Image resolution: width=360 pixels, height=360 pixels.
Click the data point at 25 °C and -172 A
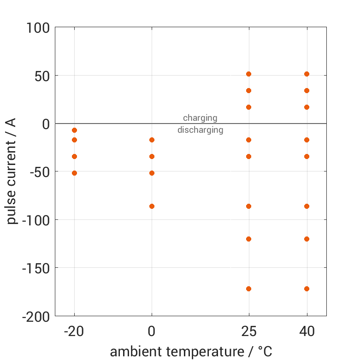coord(249,289)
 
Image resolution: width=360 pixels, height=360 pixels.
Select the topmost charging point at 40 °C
coord(307,74)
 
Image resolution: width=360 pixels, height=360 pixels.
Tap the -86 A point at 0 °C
coord(152,206)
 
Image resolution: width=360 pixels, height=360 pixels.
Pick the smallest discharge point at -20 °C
coord(74,130)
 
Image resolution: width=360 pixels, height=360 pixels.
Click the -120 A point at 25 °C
coord(249,239)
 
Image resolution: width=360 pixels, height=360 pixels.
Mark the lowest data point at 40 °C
coord(307,289)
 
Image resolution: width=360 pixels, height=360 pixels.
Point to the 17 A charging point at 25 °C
coord(249,107)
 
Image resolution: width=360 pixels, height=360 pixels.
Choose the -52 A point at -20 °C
coord(74,173)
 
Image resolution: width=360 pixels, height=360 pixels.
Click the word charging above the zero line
coord(200,118)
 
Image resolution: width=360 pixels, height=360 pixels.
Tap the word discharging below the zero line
coord(200,130)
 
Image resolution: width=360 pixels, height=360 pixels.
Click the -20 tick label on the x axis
coord(74,331)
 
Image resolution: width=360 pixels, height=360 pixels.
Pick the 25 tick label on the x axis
coord(249,331)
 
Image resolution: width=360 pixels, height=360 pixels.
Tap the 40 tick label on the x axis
coord(307,331)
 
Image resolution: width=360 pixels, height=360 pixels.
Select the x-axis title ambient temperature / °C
coord(191,351)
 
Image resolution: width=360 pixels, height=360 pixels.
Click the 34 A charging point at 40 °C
coord(307,90)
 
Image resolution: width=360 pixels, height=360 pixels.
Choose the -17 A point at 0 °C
coord(152,140)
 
